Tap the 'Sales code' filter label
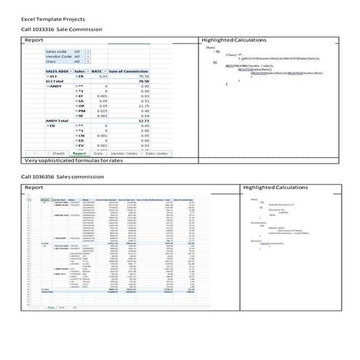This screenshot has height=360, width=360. click(x=56, y=52)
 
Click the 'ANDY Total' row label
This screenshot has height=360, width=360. click(x=57, y=120)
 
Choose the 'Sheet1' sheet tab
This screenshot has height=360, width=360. click(x=58, y=153)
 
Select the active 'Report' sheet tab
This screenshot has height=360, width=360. click(x=80, y=153)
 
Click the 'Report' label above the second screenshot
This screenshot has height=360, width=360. click(x=34, y=188)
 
